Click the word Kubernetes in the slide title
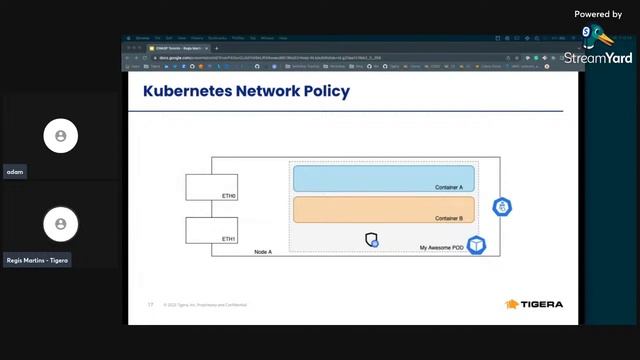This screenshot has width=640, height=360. pos(186,92)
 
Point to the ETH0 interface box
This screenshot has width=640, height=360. pos(211,186)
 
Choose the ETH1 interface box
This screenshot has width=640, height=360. pos(211,230)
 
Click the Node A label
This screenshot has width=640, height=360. pos(263,252)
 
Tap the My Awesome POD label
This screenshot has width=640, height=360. pos(441,246)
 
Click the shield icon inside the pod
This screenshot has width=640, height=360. pos(372,240)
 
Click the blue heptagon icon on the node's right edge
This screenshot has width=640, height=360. pos(503,207)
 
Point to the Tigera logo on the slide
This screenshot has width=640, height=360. pos(534,304)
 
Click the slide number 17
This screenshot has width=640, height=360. pos(150,304)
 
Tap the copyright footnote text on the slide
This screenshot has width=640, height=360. pos(205,304)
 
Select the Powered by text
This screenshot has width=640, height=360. pos(598,14)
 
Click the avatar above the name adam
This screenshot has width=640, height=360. pos(61,135)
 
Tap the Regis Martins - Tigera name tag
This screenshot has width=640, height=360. pos(37,260)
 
